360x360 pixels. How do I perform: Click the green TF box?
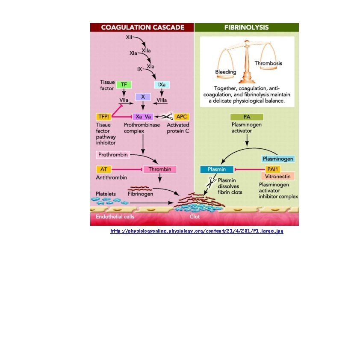point(124,85)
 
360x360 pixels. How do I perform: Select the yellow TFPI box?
point(103,117)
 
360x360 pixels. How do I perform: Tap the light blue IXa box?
point(162,85)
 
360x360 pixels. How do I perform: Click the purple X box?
point(143,97)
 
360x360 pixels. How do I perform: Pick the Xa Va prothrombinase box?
point(143,117)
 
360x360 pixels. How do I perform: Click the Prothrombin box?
point(112,154)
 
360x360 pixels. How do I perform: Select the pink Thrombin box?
point(159,169)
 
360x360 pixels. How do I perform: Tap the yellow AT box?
point(103,169)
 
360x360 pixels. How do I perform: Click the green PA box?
point(247,117)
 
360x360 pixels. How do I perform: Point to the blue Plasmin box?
point(216,169)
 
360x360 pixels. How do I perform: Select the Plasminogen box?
point(278,159)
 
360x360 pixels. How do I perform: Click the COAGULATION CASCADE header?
point(142,27)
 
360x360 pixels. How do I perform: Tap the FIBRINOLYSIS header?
point(246,27)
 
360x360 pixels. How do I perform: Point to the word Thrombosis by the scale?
point(268,63)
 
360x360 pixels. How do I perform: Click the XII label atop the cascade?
point(129,37)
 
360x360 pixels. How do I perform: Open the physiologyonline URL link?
point(197,231)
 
